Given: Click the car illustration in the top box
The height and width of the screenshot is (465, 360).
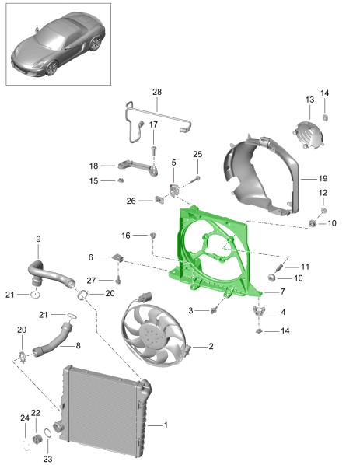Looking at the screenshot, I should (58, 44).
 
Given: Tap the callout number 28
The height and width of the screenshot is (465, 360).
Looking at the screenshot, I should (156, 93).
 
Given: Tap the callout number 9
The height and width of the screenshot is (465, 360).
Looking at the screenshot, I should (37, 239).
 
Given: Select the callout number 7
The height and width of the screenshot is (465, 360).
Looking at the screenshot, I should (282, 292).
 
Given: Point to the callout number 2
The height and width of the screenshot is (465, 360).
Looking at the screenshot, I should (209, 347).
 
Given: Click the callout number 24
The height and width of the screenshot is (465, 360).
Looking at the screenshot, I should (23, 419).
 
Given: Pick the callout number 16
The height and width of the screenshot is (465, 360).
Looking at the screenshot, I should (126, 235).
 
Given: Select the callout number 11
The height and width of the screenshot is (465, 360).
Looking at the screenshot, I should (305, 267).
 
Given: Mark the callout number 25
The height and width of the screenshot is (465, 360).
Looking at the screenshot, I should (197, 154).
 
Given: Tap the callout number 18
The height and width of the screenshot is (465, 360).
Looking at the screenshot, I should (93, 166).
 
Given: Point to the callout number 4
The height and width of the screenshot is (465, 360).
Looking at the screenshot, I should (282, 312).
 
